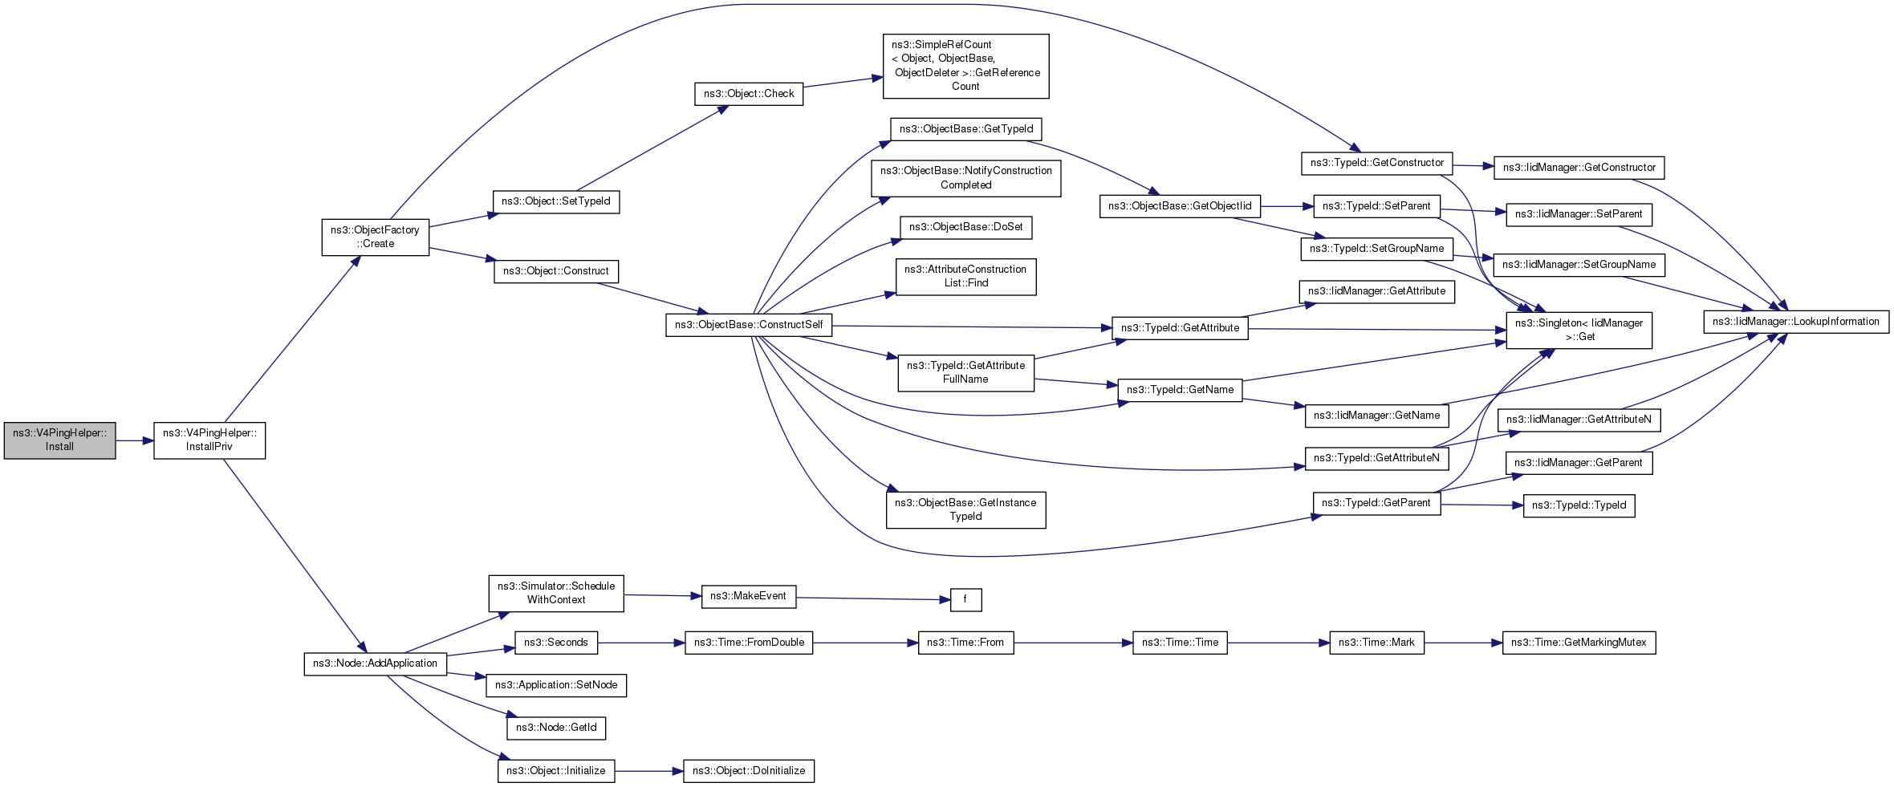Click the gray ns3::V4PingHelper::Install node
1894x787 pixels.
(x=59, y=440)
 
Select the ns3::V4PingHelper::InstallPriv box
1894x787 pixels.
(x=209, y=440)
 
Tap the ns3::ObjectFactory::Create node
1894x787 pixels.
(x=376, y=237)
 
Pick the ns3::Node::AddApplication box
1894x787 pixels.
(x=376, y=664)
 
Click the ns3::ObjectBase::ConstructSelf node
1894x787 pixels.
(x=749, y=325)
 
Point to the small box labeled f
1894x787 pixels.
(x=965, y=600)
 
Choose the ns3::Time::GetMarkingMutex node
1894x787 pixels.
(x=1579, y=643)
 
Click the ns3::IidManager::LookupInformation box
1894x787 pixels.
(x=1796, y=322)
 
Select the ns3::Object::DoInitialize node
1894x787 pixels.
(x=749, y=771)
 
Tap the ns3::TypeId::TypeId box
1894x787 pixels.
(x=1579, y=506)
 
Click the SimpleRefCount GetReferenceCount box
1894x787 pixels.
(x=965, y=67)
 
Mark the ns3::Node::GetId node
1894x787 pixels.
(x=556, y=728)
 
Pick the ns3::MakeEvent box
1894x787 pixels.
(x=749, y=597)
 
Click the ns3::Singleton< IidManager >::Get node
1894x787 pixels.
(x=1579, y=331)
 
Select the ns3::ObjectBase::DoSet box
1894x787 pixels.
(x=965, y=228)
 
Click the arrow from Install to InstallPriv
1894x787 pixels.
(x=135, y=440)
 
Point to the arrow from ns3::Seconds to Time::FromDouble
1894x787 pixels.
(x=641, y=643)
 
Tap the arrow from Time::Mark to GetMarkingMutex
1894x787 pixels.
(x=1463, y=643)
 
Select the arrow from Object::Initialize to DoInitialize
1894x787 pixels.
(x=649, y=771)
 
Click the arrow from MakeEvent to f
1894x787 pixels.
(x=873, y=598)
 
